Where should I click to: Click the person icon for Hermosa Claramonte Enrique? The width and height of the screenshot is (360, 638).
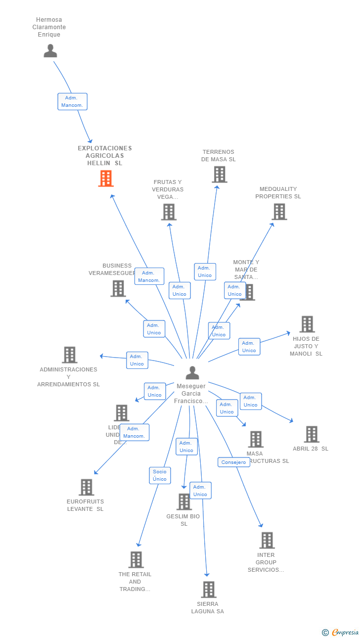[x=50, y=51]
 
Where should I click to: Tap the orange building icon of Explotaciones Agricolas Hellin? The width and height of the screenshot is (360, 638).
[x=106, y=179]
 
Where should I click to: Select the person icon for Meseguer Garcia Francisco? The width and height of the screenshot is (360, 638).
[x=192, y=373]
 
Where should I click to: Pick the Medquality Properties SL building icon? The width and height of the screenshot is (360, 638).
[x=279, y=212]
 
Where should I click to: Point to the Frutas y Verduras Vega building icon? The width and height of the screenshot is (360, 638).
[x=169, y=212]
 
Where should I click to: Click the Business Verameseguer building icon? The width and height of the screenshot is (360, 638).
[x=118, y=288]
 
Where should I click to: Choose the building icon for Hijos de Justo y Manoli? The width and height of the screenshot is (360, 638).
[x=307, y=324]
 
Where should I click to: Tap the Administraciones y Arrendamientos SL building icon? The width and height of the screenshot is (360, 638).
[x=70, y=355]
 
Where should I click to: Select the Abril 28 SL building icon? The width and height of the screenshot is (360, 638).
[x=312, y=434]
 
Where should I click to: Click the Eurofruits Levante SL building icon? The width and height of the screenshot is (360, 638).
[x=87, y=487]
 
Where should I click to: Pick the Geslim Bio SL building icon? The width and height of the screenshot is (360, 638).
[x=184, y=501]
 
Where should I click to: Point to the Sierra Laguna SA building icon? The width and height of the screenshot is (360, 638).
[x=209, y=590]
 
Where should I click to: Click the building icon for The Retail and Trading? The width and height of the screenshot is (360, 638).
[x=136, y=560]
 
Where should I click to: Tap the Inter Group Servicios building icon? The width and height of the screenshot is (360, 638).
[x=267, y=541]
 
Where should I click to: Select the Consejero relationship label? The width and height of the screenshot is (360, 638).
[x=233, y=462]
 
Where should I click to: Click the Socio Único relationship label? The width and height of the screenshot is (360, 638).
[x=160, y=475]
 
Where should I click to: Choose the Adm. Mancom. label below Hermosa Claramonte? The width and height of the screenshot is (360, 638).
[x=72, y=101]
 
